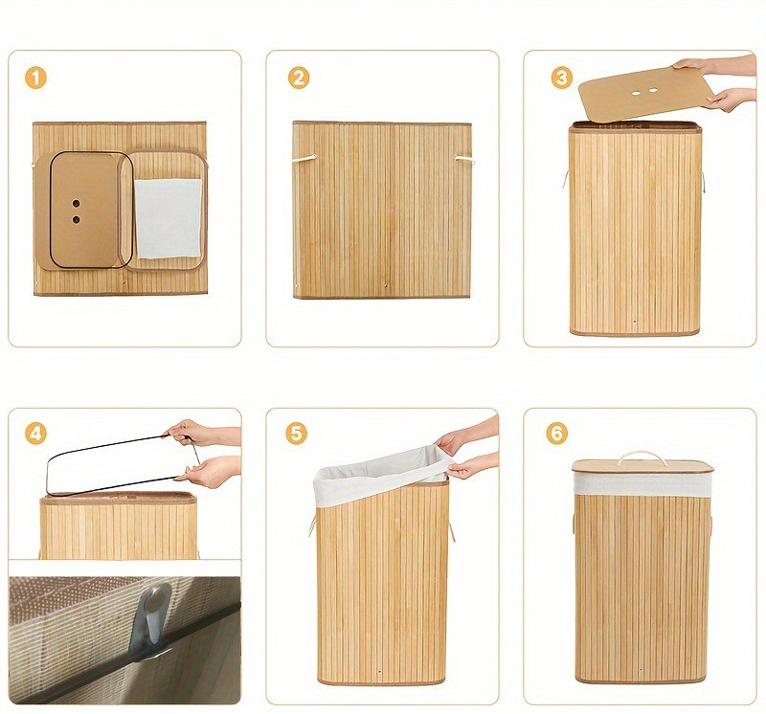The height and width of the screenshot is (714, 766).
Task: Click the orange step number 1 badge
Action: (x=35, y=78)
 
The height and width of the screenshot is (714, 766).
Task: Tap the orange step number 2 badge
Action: (x=299, y=78)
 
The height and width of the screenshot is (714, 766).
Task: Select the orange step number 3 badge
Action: (x=562, y=78)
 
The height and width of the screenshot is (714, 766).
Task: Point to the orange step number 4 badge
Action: (x=35, y=434)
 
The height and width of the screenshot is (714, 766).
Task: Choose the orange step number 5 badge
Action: (x=296, y=434)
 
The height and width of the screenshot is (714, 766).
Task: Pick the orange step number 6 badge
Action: (x=556, y=434)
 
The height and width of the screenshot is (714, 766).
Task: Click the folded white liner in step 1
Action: (x=169, y=218)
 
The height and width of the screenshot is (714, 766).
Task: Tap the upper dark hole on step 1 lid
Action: (x=77, y=203)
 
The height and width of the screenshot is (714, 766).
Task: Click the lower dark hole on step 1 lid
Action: (x=77, y=220)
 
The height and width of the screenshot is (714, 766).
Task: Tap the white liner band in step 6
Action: (x=642, y=483)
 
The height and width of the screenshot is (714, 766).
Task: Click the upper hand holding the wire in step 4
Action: (x=200, y=433)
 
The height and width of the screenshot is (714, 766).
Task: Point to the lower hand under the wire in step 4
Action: (x=210, y=471)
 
